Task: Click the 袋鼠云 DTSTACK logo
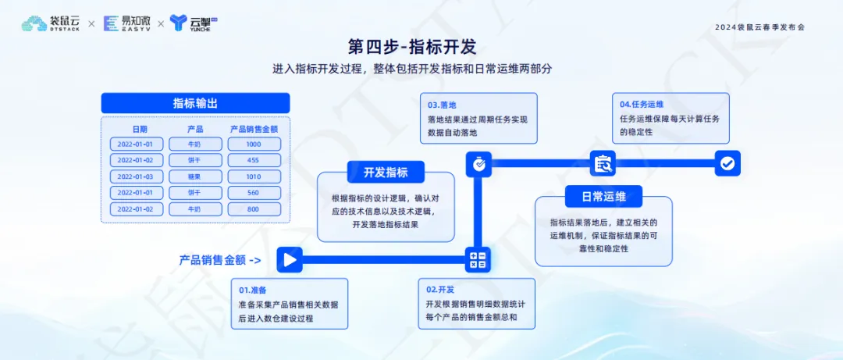click(52, 23)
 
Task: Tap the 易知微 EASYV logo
click(127, 23)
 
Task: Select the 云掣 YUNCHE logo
click(194, 23)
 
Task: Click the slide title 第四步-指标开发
click(412, 47)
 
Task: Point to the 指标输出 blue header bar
click(195, 103)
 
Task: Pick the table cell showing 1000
click(254, 144)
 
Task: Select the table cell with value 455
click(254, 160)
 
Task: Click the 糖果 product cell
click(195, 176)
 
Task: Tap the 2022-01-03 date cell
click(137, 176)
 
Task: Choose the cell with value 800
click(254, 209)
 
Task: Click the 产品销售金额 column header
click(254, 129)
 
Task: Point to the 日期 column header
click(140, 129)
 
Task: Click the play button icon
click(290, 261)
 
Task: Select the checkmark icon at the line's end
click(727, 163)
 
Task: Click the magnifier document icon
click(603, 163)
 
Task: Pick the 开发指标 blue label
click(386, 173)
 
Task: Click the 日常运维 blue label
click(603, 197)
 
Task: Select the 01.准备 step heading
click(253, 290)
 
